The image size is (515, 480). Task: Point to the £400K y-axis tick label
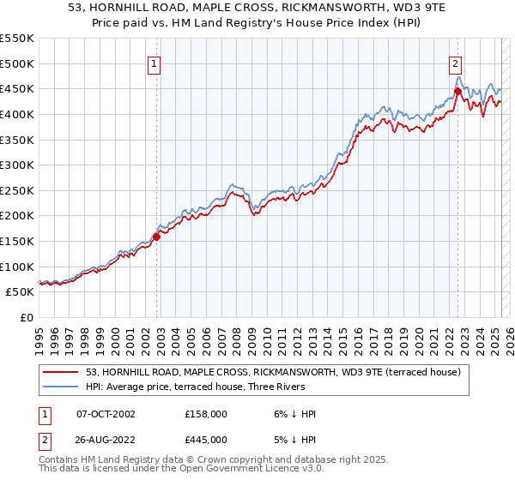tap(17, 114)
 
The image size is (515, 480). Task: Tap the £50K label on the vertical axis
tap(21, 292)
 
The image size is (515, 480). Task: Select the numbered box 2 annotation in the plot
tap(454, 63)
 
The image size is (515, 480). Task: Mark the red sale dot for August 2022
tap(457, 91)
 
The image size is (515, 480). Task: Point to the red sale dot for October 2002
tap(157, 237)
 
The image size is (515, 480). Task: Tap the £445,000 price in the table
tap(206, 440)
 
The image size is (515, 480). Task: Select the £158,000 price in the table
tap(206, 414)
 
